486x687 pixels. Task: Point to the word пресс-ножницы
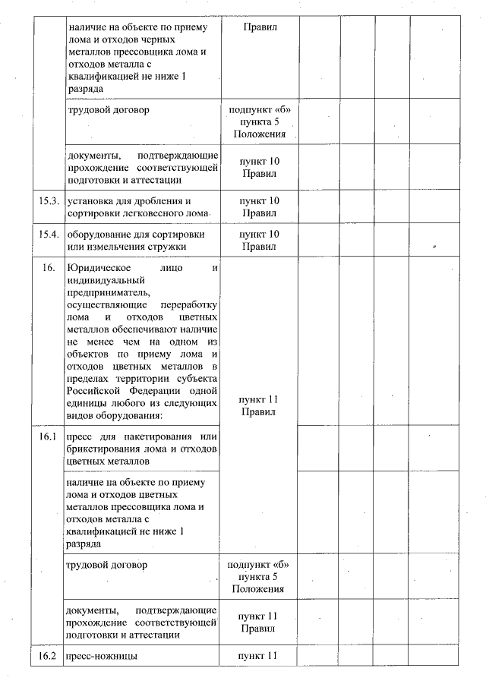coord(102,655)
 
